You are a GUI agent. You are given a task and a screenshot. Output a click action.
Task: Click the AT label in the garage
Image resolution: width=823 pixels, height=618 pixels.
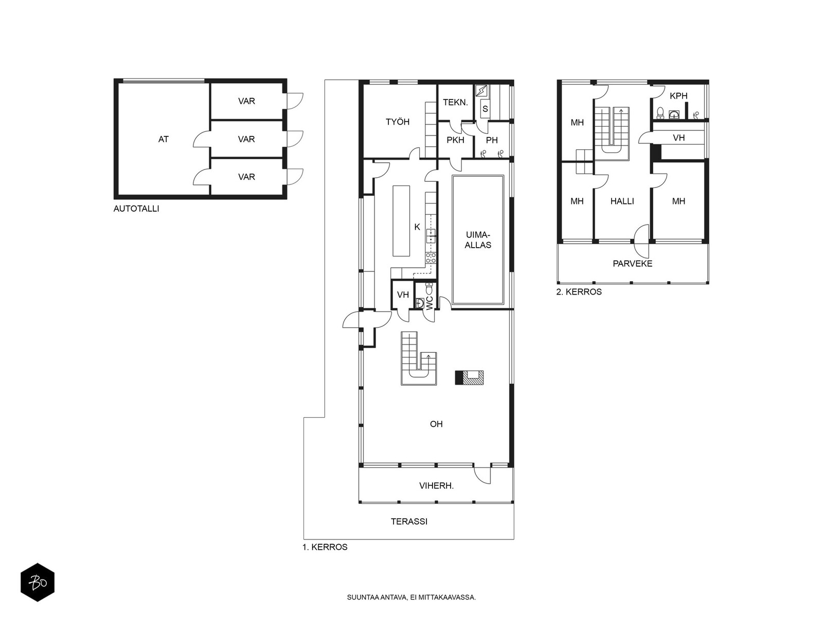click(x=163, y=139)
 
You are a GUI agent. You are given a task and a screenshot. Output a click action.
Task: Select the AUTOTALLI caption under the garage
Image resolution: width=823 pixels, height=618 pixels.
click(x=136, y=209)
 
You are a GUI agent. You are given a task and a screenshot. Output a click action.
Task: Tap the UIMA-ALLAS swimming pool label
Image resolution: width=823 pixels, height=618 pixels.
click(x=478, y=240)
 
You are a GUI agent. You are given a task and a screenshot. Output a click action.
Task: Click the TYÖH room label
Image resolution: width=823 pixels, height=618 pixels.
click(x=398, y=122)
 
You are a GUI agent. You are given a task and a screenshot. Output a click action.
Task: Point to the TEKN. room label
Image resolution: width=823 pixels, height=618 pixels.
click(x=455, y=102)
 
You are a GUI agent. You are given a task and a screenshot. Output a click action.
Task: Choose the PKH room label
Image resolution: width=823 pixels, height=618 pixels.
click(x=455, y=140)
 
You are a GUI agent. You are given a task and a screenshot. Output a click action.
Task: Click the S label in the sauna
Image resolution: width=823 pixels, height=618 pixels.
click(x=485, y=109)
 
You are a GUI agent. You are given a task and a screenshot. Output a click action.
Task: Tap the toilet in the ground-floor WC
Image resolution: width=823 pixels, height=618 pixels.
click(x=429, y=289)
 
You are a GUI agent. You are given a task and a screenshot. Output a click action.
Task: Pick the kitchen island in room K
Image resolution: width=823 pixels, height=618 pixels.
click(x=401, y=220)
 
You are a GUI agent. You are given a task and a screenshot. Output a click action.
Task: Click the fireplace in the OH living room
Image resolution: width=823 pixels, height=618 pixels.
click(x=469, y=377)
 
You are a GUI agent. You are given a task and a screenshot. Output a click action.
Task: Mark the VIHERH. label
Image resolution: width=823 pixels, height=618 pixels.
click(x=436, y=486)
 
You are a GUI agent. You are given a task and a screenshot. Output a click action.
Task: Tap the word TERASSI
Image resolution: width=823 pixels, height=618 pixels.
click(x=409, y=522)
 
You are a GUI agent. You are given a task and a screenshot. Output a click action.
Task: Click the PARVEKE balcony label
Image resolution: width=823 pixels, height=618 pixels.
click(x=633, y=264)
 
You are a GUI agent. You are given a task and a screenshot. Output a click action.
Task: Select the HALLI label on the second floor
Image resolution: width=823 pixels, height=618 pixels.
click(x=622, y=201)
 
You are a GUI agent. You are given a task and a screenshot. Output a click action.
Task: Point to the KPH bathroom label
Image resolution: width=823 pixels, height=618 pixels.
click(x=678, y=96)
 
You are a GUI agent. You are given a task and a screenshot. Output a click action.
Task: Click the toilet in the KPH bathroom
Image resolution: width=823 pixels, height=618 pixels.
click(x=660, y=113)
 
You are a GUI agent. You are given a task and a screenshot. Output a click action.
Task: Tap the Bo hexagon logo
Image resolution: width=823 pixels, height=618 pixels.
click(x=38, y=582)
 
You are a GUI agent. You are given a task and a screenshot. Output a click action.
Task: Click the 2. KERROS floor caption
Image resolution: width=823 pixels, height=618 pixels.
click(x=579, y=292)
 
